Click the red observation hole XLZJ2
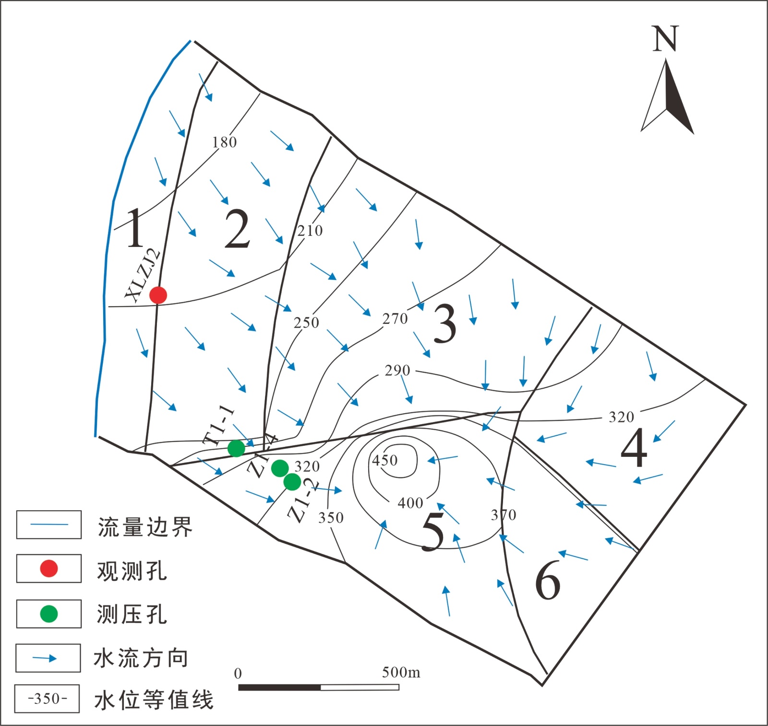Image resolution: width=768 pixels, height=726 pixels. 158,295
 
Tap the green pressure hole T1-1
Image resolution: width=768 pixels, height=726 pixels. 236,448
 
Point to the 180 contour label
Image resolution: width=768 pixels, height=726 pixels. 225,142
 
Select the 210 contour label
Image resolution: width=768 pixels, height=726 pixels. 310,231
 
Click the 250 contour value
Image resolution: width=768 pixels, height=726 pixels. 307,322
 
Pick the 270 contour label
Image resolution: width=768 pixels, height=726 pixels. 395,319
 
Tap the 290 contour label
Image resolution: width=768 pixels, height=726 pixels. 397,370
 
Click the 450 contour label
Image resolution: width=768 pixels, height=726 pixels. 385,460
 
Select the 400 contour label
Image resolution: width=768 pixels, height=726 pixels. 410,503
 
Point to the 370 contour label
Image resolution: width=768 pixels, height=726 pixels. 504,515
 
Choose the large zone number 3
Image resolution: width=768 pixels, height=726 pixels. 444,324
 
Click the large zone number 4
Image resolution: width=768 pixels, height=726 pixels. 634,447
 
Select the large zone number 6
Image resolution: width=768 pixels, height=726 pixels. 548,580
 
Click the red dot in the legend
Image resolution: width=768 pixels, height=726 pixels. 49,568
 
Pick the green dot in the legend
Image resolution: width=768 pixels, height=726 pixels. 49,614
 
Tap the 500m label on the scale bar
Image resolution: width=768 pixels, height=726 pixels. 401,672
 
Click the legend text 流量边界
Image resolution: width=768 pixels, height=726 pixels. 145,527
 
